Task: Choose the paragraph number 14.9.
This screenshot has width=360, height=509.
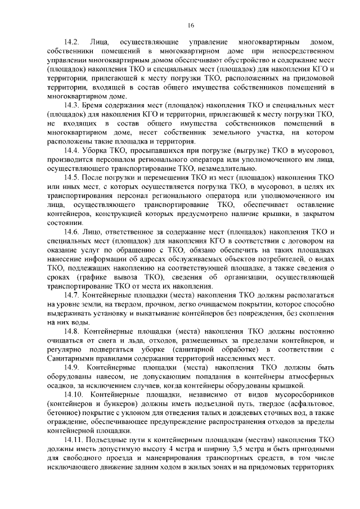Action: click(x=73, y=366)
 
